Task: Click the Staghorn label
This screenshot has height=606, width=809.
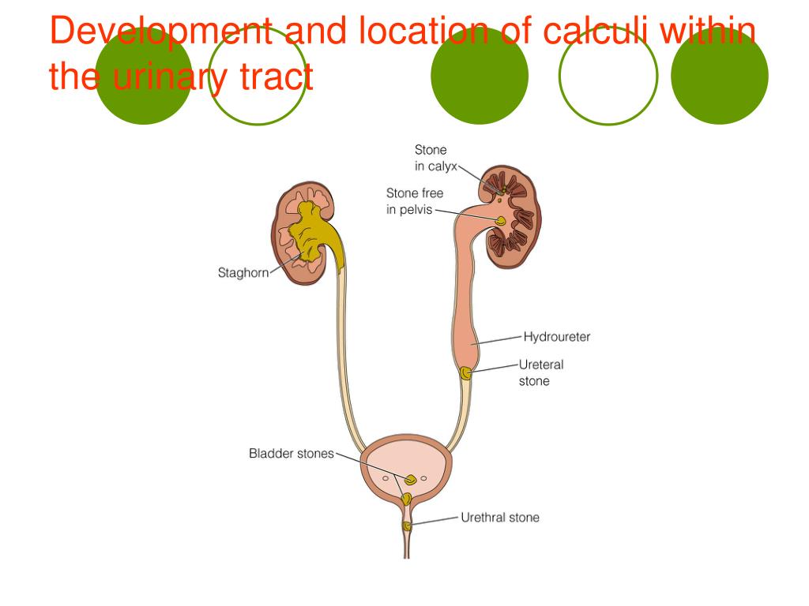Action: (x=243, y=273)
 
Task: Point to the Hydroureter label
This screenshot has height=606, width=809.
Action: (x=557, y=337)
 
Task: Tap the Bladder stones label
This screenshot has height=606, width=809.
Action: (x=292, y=454)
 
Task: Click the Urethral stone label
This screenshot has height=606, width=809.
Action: (x=500, y=518)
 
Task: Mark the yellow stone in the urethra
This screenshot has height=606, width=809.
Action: (x=407, y=526)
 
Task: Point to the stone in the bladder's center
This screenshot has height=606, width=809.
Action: (x=411, y=479)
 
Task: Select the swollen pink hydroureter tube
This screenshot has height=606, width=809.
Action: (x=465, y=300)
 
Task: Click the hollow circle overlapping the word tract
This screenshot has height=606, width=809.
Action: (x=257, y=77)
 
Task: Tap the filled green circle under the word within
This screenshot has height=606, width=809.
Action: (x=719, y=77)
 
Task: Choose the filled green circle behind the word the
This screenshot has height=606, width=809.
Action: (x=144, y=77)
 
